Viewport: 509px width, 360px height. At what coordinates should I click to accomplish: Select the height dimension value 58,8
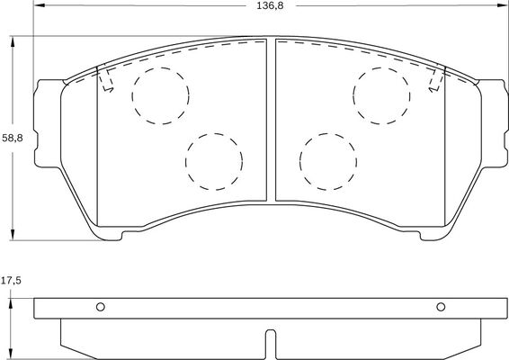click(x=12, y=138)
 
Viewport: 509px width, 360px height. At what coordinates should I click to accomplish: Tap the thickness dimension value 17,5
click(x=12, y=282)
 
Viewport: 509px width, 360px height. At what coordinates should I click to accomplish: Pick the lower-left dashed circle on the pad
click(x=214, y=162)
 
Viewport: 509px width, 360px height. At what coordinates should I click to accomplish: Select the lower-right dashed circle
click(x=329, y=162)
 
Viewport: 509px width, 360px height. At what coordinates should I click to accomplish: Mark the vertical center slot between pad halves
click(x=272, y=121)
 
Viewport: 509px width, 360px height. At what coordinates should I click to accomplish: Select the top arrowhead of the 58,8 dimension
click(x=13, y=41)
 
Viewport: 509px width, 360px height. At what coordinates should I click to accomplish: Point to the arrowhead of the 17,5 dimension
click(x=13, y=295)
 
